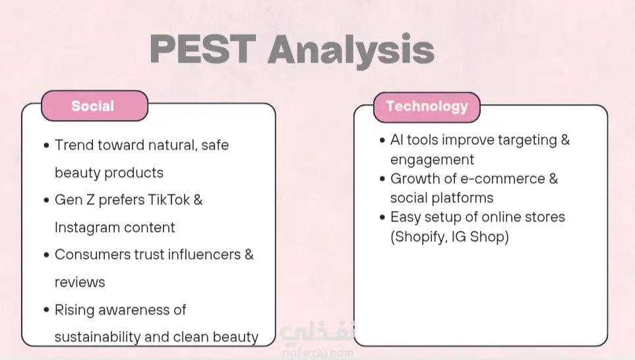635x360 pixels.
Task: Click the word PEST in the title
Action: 203,49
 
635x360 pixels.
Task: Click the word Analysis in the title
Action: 351,51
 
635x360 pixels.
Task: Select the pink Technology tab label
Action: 427,107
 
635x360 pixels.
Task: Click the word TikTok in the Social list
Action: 168,200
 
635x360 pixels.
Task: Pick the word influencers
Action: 204,255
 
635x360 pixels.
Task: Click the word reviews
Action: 80,282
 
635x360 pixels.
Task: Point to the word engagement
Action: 432,160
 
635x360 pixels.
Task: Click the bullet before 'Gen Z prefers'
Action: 46,200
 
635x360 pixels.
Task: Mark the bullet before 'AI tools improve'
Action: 382,140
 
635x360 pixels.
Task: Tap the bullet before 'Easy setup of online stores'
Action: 382,217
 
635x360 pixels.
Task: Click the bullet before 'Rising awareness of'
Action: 46,310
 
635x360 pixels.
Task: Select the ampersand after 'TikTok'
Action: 198,200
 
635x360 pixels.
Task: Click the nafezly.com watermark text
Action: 318,353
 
